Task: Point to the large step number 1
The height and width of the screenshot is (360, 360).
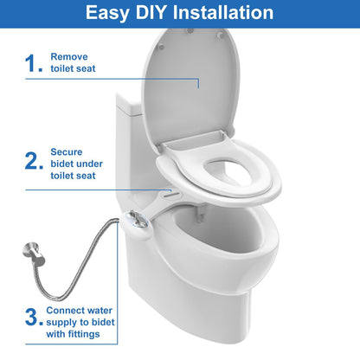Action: (x=32, y=64)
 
